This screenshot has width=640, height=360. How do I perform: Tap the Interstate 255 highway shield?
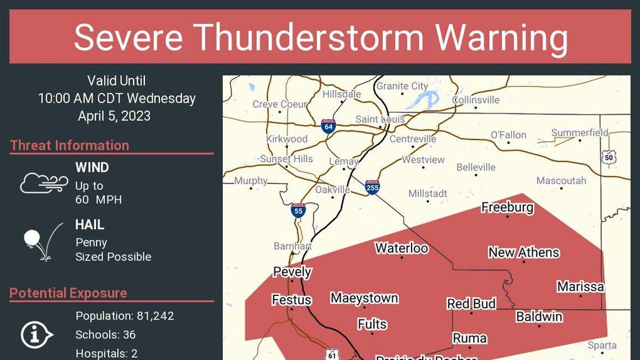(x=372, y=187)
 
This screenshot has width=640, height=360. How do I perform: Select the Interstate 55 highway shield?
(x=299, y=211)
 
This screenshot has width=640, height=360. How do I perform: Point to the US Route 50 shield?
(x=609, y=157)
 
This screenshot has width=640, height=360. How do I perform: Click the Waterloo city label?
(x=401, y=248)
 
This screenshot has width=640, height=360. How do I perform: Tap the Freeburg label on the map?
(x=508, y=207)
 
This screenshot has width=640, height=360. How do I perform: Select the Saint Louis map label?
(x=380, y=120)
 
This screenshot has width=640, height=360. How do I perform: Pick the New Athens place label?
(x=523, y=252)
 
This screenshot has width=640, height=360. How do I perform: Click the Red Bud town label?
(x=471, y=304)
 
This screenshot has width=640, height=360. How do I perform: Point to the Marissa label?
(x=580, y=286)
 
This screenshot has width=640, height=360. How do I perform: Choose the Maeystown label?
(x=364, y=298)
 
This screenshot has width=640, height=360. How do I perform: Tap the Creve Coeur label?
(x=280, y=104)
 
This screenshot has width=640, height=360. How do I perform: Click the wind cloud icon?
(x=44, y=183)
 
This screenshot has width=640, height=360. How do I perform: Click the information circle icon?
(x=36, y=335)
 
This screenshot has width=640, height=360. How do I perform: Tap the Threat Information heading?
(x=70, y=145)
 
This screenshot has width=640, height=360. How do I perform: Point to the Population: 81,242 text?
(x=125, y=316)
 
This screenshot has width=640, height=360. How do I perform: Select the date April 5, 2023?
(x=114, y=116)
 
